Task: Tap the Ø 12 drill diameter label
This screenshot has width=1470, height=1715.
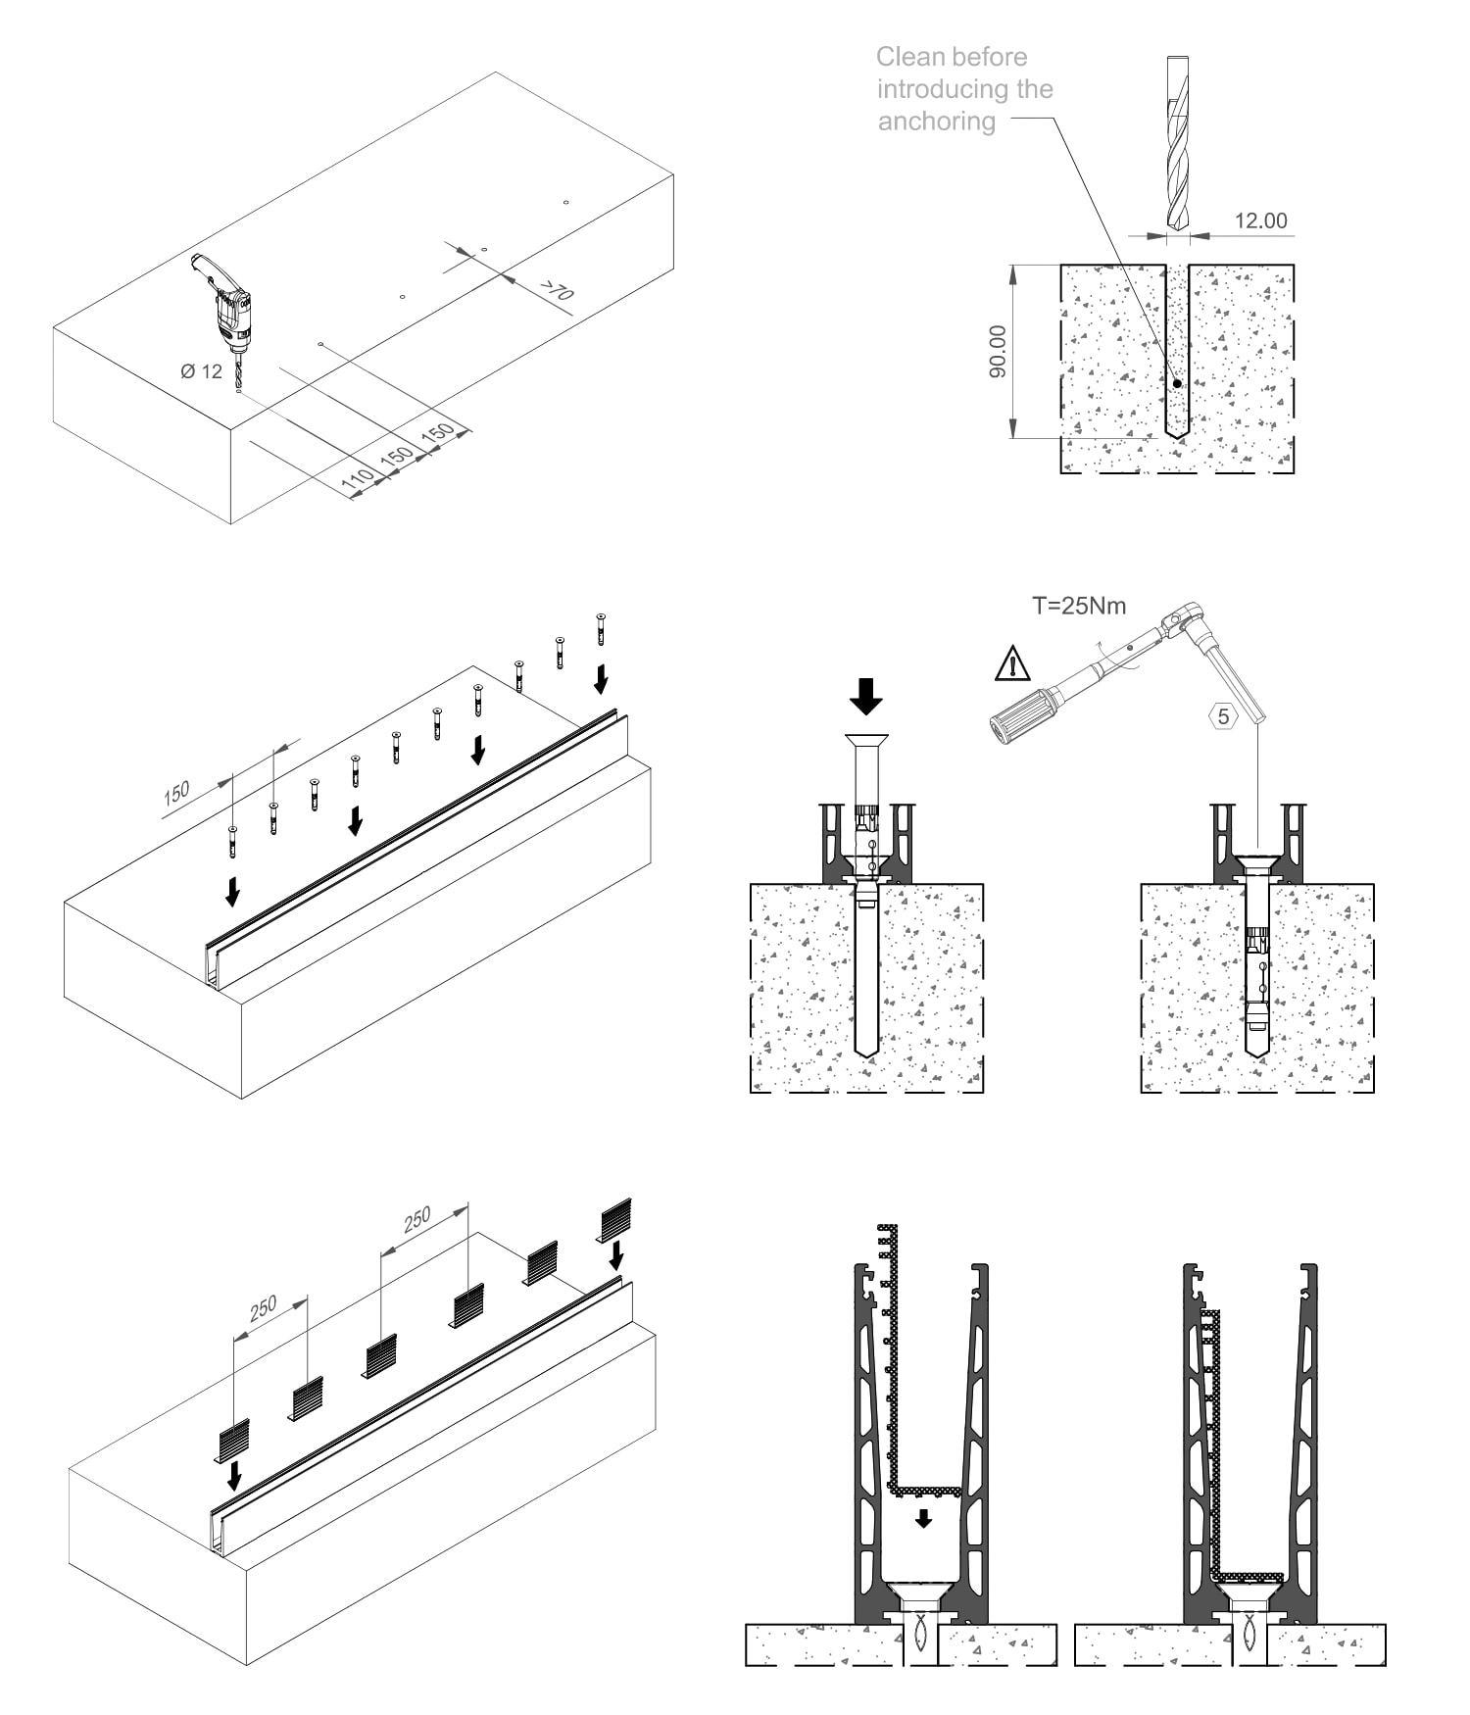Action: point(201,371)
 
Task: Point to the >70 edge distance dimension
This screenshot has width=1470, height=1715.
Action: point(556,290)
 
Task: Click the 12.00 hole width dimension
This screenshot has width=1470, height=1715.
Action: point(1260,220)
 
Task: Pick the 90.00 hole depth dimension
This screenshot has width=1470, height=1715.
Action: point(997,352)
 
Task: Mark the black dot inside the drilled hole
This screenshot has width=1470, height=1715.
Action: point(1177,383)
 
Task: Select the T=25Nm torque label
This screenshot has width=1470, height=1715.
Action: point(1079,606)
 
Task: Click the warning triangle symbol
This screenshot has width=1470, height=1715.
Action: point(1012,663)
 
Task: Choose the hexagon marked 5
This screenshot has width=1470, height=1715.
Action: point(1223,716)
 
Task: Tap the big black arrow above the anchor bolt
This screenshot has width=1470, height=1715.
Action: point(865,696)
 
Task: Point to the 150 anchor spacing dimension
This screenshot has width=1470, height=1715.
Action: point(176,792)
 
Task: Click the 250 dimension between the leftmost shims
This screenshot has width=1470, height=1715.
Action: point(263,1308)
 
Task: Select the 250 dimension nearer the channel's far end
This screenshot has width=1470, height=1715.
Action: point(417,1219)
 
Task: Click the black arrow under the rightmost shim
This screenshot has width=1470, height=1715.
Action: point(615,1254)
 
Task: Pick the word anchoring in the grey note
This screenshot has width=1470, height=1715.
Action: point(936,122)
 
